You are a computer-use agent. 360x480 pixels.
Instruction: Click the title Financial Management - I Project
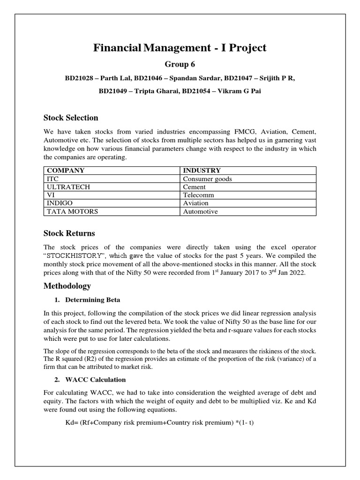point(180,47)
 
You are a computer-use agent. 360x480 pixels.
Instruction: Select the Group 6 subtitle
point(180,64)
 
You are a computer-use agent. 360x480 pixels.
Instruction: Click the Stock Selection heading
point(71,118)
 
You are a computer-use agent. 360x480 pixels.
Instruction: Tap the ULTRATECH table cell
point(66,187)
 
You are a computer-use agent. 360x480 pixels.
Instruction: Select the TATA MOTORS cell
point(72,211)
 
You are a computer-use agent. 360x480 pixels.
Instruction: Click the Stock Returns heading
point(69,233)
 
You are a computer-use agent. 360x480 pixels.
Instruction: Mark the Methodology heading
point(67,286)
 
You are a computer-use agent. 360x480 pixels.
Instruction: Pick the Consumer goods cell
point(207,179)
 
